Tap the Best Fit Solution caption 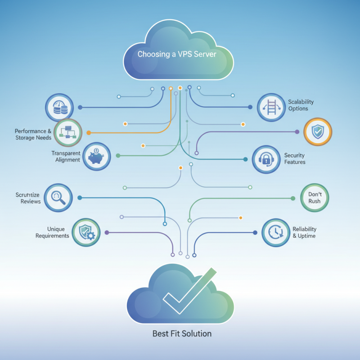182,334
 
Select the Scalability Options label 301,105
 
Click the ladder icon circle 272,108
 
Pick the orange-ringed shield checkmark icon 318,131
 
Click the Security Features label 295,158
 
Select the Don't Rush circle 315,198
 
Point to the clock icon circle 275,232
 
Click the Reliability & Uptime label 304,232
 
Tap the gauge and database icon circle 59,108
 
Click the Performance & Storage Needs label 33,135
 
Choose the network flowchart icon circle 68,133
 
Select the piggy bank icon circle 97,156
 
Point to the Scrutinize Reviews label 28,198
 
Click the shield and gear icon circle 86,232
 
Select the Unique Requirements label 52,232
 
